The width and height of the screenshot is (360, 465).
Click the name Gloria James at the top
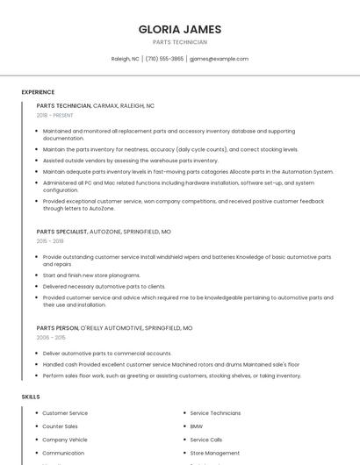pos(179,29)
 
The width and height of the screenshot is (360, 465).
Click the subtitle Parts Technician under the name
pos(179,42)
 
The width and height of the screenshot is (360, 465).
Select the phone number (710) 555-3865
pos(164,59)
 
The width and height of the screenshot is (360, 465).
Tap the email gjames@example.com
pos(219,59)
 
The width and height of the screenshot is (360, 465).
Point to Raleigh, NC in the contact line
pos(125,59)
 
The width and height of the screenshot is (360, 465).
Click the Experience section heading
pos(38,92)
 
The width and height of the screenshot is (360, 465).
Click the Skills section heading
pos(31,397)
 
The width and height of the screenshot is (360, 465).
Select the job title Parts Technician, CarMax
pos(95,105)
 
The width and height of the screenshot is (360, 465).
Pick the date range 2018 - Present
pos(54,115)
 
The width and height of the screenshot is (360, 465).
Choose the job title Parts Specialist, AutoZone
pos(104,232)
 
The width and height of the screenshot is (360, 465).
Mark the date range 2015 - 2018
pos(50,240)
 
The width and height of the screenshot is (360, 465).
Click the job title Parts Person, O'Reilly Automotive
pos(114,328)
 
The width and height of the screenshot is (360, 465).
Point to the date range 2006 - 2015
pos(51,337)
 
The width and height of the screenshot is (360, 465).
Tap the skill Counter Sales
pos(60,426)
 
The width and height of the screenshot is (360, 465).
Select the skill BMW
pos(197,426)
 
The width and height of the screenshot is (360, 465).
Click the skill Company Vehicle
pos(65,440)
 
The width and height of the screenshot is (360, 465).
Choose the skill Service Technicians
pos(215,413)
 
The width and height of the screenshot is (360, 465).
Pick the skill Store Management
pos(214,453)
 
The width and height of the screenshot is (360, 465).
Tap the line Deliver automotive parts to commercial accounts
pos(106,353)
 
